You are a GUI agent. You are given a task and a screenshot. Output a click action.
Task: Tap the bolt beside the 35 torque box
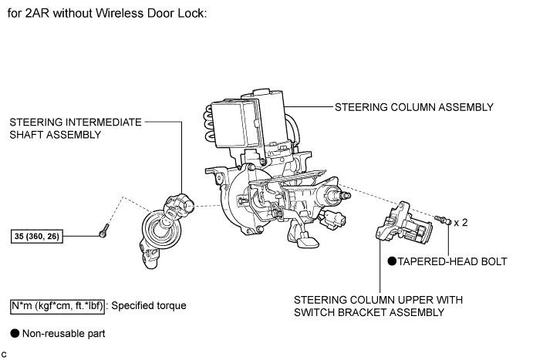click(104, 229)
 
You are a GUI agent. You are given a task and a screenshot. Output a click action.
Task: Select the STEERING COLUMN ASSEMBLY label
click(413, 107)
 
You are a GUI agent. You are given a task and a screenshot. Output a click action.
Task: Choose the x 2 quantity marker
click(460, 222)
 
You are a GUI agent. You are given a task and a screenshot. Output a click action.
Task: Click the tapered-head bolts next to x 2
click(442, 220)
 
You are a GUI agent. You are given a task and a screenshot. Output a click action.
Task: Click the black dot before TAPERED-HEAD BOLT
click(392, 261)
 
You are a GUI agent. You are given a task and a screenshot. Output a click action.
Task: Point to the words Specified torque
click(149, 305)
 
